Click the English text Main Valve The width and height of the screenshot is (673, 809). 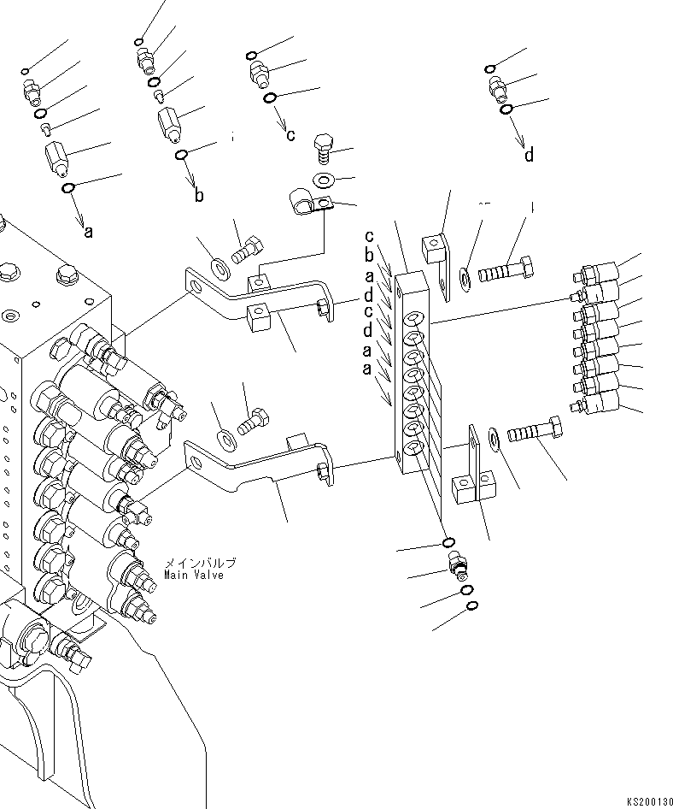(194, 575)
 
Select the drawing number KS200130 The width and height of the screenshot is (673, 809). (648, 801)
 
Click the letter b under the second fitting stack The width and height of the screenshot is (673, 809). (199, 195)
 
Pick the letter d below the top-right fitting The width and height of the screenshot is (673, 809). (529, 155)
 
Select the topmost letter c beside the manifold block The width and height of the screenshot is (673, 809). (369, 236)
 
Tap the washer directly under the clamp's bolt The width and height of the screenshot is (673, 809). (325, 180)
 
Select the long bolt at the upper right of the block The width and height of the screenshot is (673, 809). (510, 271)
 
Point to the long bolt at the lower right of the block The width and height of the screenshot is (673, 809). (535, 431)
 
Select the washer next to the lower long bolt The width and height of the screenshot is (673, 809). (495, 440)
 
